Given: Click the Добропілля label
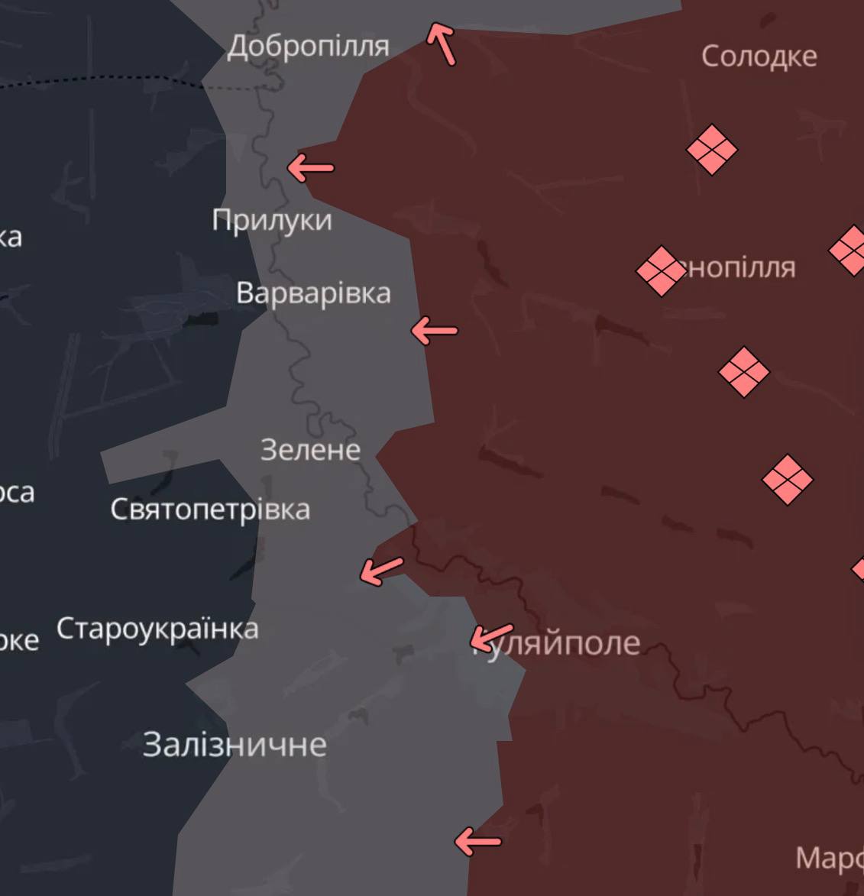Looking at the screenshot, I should coord(308,47).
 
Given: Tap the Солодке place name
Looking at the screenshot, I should coord(759,56).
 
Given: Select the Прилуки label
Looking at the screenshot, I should coord(272,220).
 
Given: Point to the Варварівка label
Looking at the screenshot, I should coord(313,293).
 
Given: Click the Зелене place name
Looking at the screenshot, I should coord(310,449).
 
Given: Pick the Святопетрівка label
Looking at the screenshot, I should coord(210,509).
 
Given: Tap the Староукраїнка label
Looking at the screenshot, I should coord(157,629).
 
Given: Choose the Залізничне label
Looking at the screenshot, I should coord(235,744).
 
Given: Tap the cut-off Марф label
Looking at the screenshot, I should coord(829,858).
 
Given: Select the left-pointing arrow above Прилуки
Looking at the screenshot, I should coord(310,167).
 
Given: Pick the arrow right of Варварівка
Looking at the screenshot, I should coord(434,331).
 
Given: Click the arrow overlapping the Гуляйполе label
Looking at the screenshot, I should coord(490,636).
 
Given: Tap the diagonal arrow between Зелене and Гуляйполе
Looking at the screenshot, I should coord(381,570).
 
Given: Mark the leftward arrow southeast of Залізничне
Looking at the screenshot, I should coord(478,842).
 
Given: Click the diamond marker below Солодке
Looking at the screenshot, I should coord(712,150).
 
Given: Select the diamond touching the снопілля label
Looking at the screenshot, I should coord(661,270).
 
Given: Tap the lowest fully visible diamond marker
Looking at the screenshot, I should coord(787,480).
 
